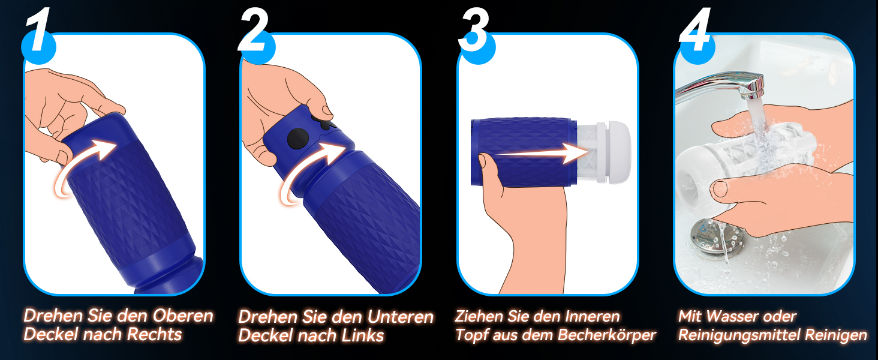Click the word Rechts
click(155, 334)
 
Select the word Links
click(363, 335)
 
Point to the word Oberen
click(183, 316)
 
